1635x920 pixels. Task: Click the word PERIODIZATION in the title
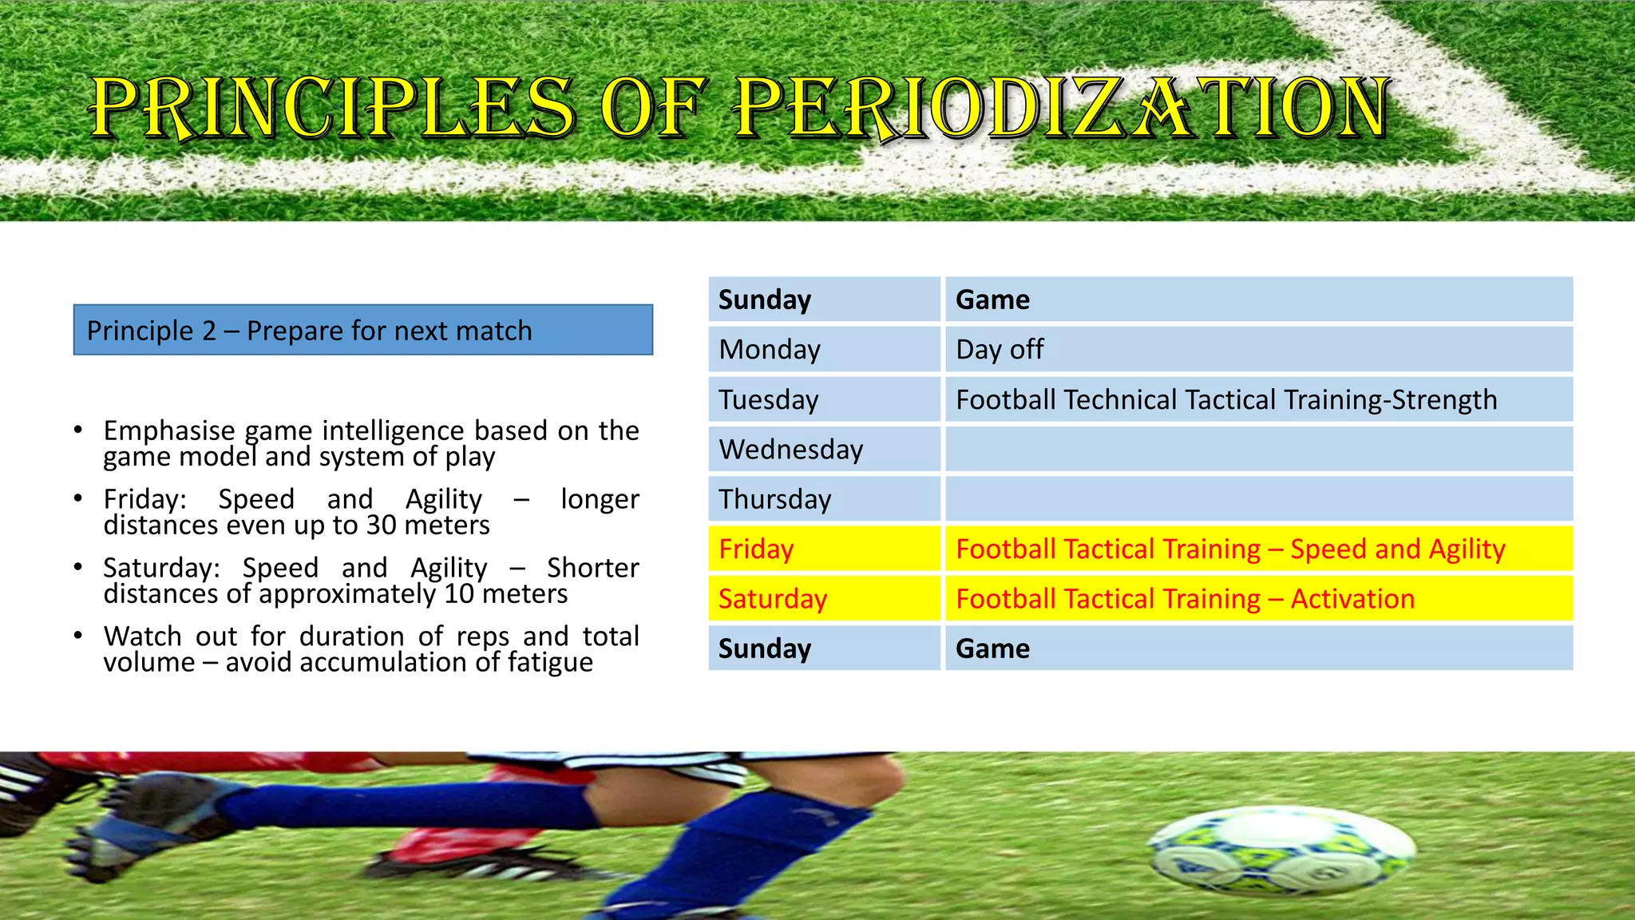click(x=1062, y=108)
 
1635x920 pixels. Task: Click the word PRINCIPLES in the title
click(x=331, y=108)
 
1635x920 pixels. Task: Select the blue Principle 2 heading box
click(x=362, y=330)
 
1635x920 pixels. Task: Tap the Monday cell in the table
click(x=824, y=349)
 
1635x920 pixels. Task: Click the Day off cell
click(x=1258, y=349)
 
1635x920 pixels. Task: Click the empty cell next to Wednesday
click(x=1258, y=449)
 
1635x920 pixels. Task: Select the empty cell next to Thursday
click(x=1258, y=499)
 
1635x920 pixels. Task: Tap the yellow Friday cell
click(x=824, y=549)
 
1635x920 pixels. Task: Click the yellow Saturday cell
click(x=824, y=599)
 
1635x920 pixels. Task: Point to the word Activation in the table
click(x=1352, y=599)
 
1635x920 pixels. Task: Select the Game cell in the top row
click(x=1258, y=299)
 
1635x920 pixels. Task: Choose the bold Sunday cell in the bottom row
click(x=824, y=648)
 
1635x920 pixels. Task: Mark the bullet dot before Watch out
click(x=77, y=636)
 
